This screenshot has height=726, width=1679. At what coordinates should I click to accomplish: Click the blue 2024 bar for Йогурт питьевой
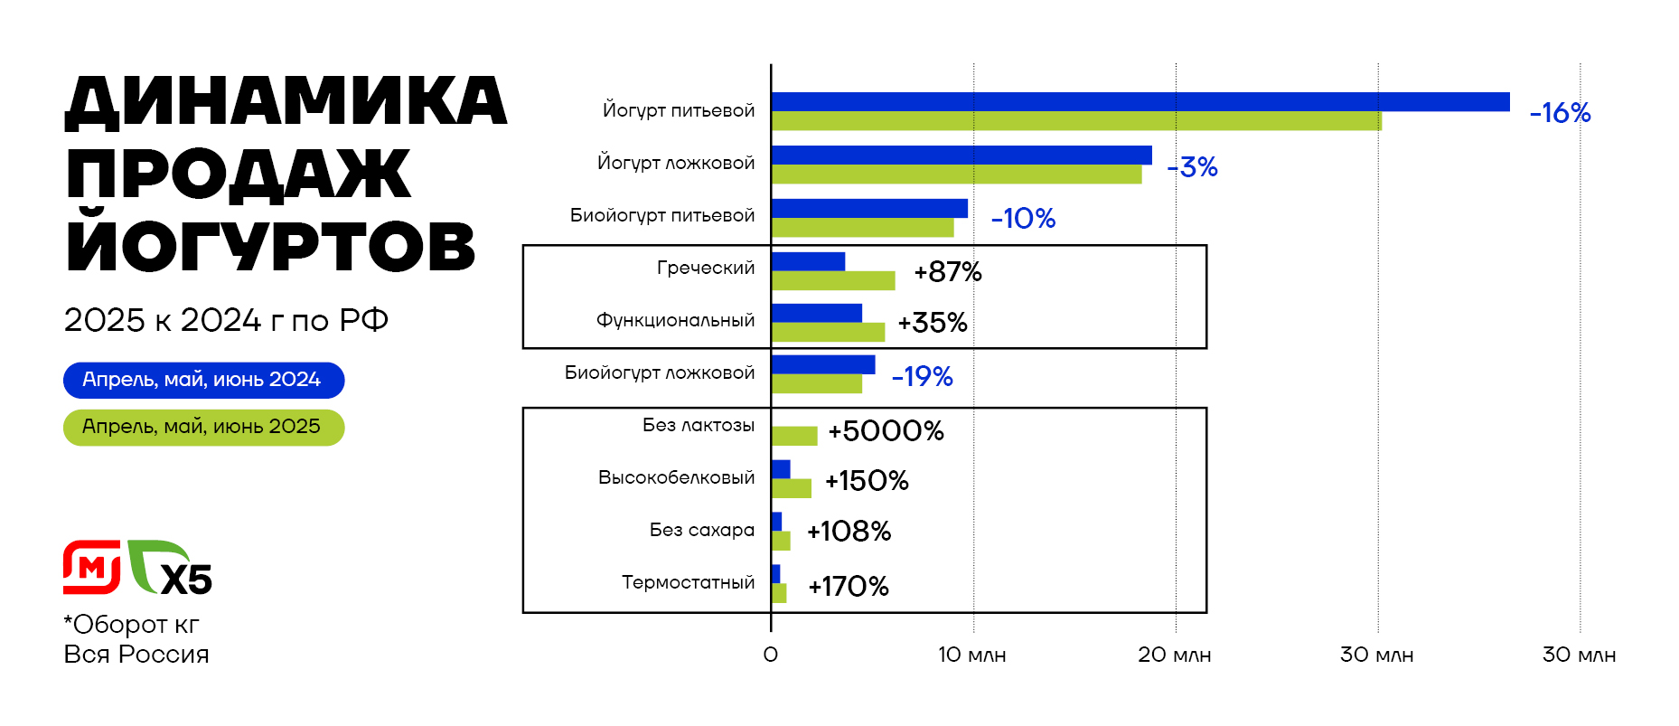pyautogui.click(x=1140, y=102)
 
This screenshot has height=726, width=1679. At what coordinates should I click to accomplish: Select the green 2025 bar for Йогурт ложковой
pyautogui.click(x=956, y=174)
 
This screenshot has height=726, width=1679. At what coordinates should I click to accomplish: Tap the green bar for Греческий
pyautogui.click(x=833, y=280)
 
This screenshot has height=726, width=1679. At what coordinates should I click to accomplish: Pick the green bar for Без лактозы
pyautogui.click(x=794, y=436)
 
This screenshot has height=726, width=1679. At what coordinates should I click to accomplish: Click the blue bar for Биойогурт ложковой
pyautogui.click(x=823, y=364)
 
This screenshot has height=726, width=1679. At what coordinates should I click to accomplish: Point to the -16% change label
pyautogui.click(x=1560, y=113)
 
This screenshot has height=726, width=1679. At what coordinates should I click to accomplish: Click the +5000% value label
pyautogui.click(x=886, y=431)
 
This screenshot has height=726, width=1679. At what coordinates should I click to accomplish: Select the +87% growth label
pyautogui.click(x=947, y=272)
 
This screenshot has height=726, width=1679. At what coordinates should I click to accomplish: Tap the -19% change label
pyautogui.click(x=922, y=376)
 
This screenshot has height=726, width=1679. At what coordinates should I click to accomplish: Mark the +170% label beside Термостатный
pyautogui.click(x=848, y=587)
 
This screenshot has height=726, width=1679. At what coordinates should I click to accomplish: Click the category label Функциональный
pyautogui.click(x=675, y=320)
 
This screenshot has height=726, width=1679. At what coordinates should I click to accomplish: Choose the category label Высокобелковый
pyautogui.click(x=676, y=477)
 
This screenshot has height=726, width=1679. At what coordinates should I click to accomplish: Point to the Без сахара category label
pyautogui.click(x=701, y=530)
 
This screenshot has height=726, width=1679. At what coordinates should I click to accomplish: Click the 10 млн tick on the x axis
pyautogui.click(x=971, y=655)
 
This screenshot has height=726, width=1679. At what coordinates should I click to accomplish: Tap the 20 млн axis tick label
pyautogui.click(x=1174, y=655)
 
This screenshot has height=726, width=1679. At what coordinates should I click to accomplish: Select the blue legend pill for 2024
pyautogui.click(x=203, y=380)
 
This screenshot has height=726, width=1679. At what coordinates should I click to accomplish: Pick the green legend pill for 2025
pyautogui.click(x=203, y=427)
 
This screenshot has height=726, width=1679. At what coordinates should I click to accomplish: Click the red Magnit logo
pyautogui.click(x=91, y=568)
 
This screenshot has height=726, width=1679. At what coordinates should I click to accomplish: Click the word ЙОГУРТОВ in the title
pyautogui.click(x=270, y=246)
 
